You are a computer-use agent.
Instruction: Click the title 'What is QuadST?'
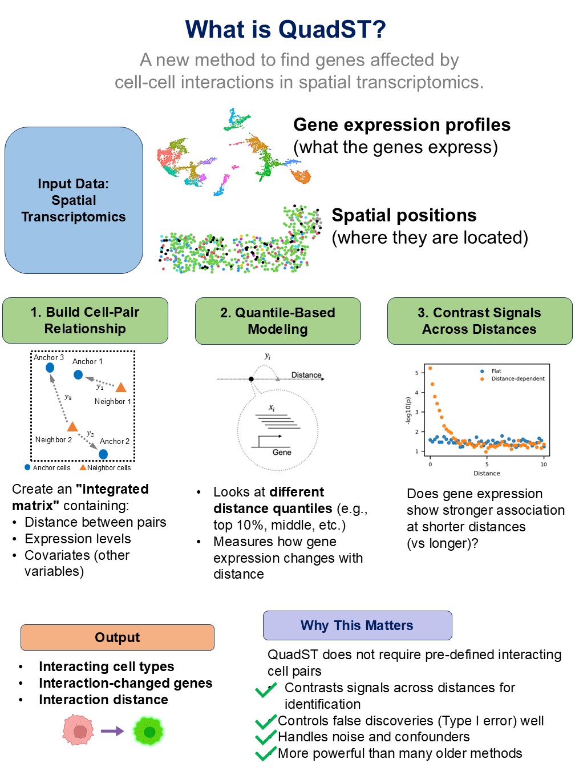pos(285,30)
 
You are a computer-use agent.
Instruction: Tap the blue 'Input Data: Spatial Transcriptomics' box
pos(74,200)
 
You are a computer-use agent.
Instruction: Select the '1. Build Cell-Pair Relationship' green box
pos(85,320)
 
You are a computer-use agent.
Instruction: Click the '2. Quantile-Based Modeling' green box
pos(278,321)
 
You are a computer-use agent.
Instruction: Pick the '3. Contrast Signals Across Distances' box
pos(479,321)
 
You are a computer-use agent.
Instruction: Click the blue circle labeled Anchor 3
pos(50,368)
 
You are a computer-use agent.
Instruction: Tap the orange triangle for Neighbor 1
pos(121,387)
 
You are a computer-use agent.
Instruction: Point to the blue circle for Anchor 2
pos(103,454)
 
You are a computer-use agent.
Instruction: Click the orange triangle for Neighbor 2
pos(72,426)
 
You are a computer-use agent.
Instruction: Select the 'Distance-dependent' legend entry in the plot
pos(517,378)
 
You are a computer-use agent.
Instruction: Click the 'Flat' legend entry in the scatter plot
pos(496,371)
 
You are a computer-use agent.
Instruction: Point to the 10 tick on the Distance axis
pos(543,464)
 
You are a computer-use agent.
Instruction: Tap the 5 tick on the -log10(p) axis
pos(416,373)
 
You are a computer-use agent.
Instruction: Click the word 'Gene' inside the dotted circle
pos(282,452)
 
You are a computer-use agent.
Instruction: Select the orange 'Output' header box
pos(118,637)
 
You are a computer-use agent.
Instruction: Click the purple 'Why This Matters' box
pos(357,625)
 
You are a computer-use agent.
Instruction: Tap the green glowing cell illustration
pos(149,731)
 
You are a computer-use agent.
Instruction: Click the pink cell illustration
pos(79,731)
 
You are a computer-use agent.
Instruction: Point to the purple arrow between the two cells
pos(112,731)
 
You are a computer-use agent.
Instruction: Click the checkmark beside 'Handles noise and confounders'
pos(265,738)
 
